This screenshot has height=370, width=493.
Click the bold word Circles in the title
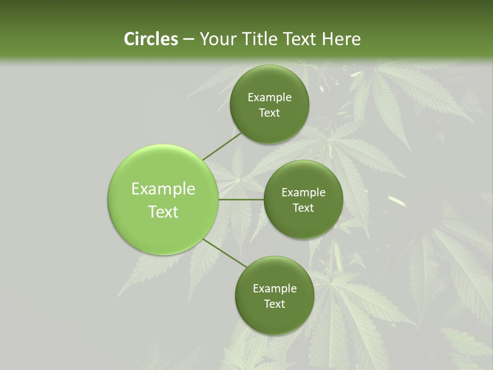(x=150, y=39)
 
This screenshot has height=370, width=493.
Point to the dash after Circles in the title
(x=188, y=40)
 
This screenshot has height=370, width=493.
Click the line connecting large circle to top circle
(x=222, y=146)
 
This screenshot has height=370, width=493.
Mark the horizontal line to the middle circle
(x=241, y=199)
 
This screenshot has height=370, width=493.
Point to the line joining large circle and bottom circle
(x=224, y=253)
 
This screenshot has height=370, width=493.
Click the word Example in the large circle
(x=163, y=189)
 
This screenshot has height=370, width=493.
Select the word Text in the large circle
(x=163, y=212)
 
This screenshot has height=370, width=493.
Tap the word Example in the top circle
(x=269, y=97)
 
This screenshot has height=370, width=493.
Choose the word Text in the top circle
(x=269, y=113)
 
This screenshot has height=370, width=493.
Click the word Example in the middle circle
(x=303, y=193)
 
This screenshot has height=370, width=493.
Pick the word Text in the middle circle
(x=303, y=208)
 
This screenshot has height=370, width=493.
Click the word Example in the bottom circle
(x=274, y=288)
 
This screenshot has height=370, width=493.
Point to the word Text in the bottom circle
(x=274, y=304)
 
